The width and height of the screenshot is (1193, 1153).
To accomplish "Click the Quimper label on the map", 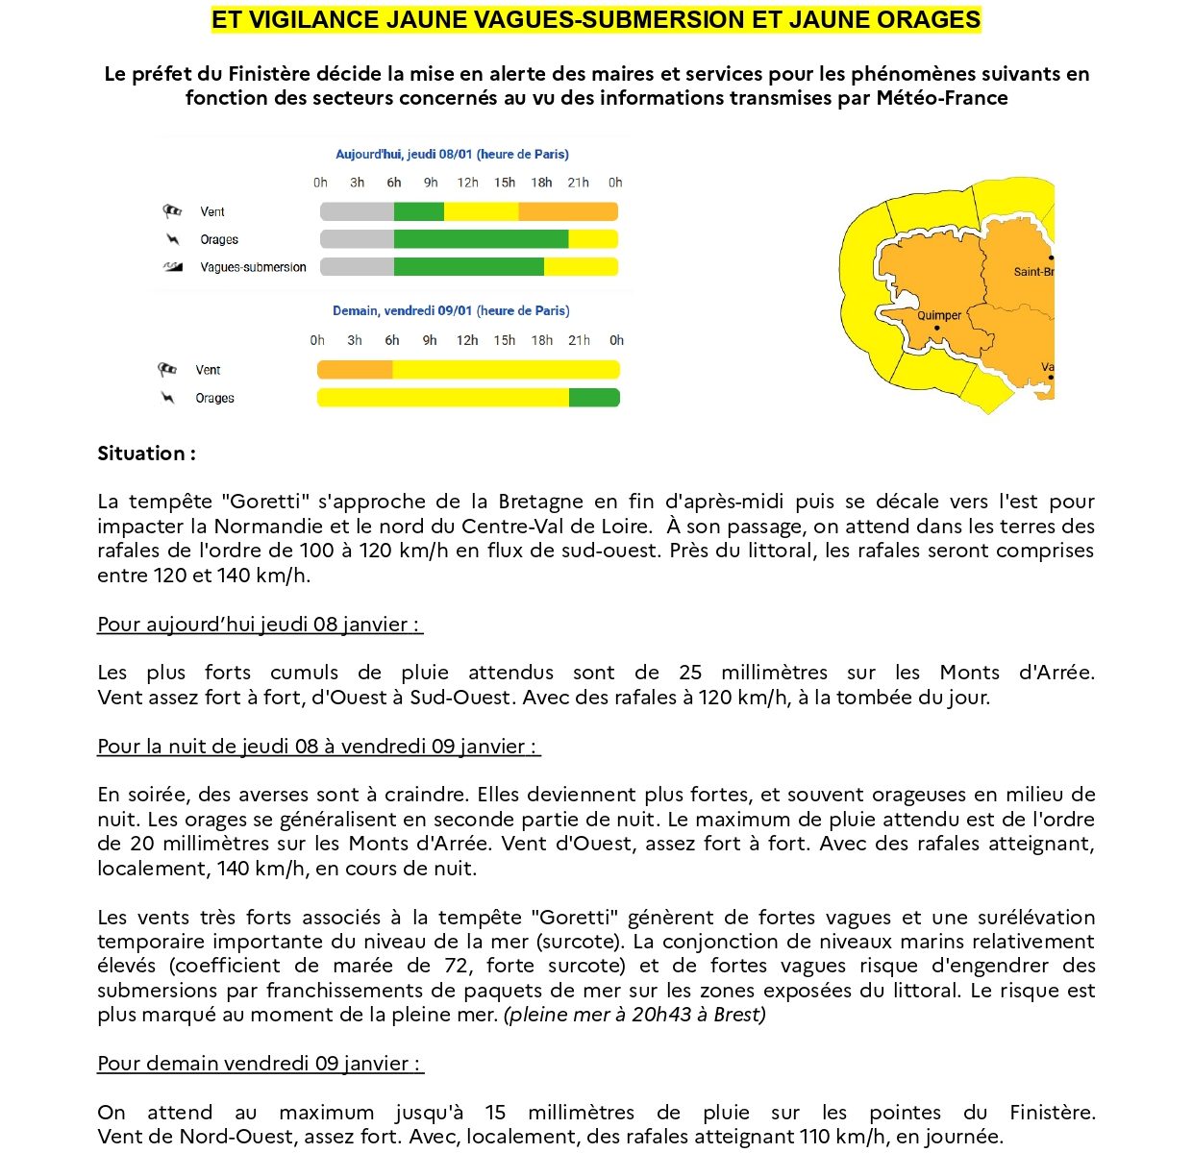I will [939, 315].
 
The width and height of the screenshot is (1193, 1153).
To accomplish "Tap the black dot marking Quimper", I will [937, 329].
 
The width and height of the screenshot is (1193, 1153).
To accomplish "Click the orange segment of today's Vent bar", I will [567, 211].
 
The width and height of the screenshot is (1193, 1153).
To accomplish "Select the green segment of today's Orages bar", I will [481, 239].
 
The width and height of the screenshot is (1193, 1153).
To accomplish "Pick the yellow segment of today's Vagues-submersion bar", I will [581, 267].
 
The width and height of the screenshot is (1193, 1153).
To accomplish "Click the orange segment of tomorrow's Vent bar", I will [355, 370].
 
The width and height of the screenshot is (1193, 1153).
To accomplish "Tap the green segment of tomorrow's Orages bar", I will [594, 398].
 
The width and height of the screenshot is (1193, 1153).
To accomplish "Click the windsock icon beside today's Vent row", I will [173, 211].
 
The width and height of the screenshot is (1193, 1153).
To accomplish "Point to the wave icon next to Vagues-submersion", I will [173, 267].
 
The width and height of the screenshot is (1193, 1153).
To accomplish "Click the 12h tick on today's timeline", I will [468, 183].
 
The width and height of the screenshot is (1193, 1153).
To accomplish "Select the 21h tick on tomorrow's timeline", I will [579, 340].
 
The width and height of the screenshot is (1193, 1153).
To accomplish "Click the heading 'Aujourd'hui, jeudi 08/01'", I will [452, 154].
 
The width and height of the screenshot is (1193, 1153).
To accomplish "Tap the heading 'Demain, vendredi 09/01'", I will [451, 310].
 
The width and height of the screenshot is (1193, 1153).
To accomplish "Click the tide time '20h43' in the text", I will [660, 1015].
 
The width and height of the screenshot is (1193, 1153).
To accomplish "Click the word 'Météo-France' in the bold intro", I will [942, 98].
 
